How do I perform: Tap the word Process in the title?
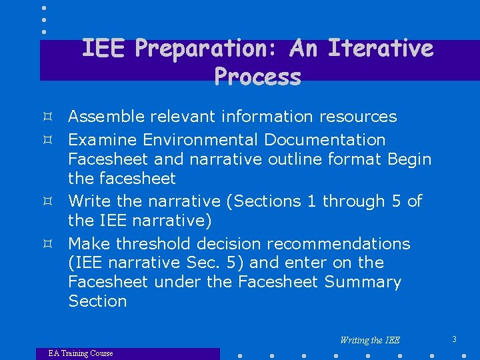point(258,77)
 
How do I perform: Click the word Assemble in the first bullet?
point(107,117)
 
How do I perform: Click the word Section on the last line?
point(97,301)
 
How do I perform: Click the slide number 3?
point(454,339)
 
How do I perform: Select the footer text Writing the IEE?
point(370,340)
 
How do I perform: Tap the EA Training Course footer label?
point(81,353)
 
